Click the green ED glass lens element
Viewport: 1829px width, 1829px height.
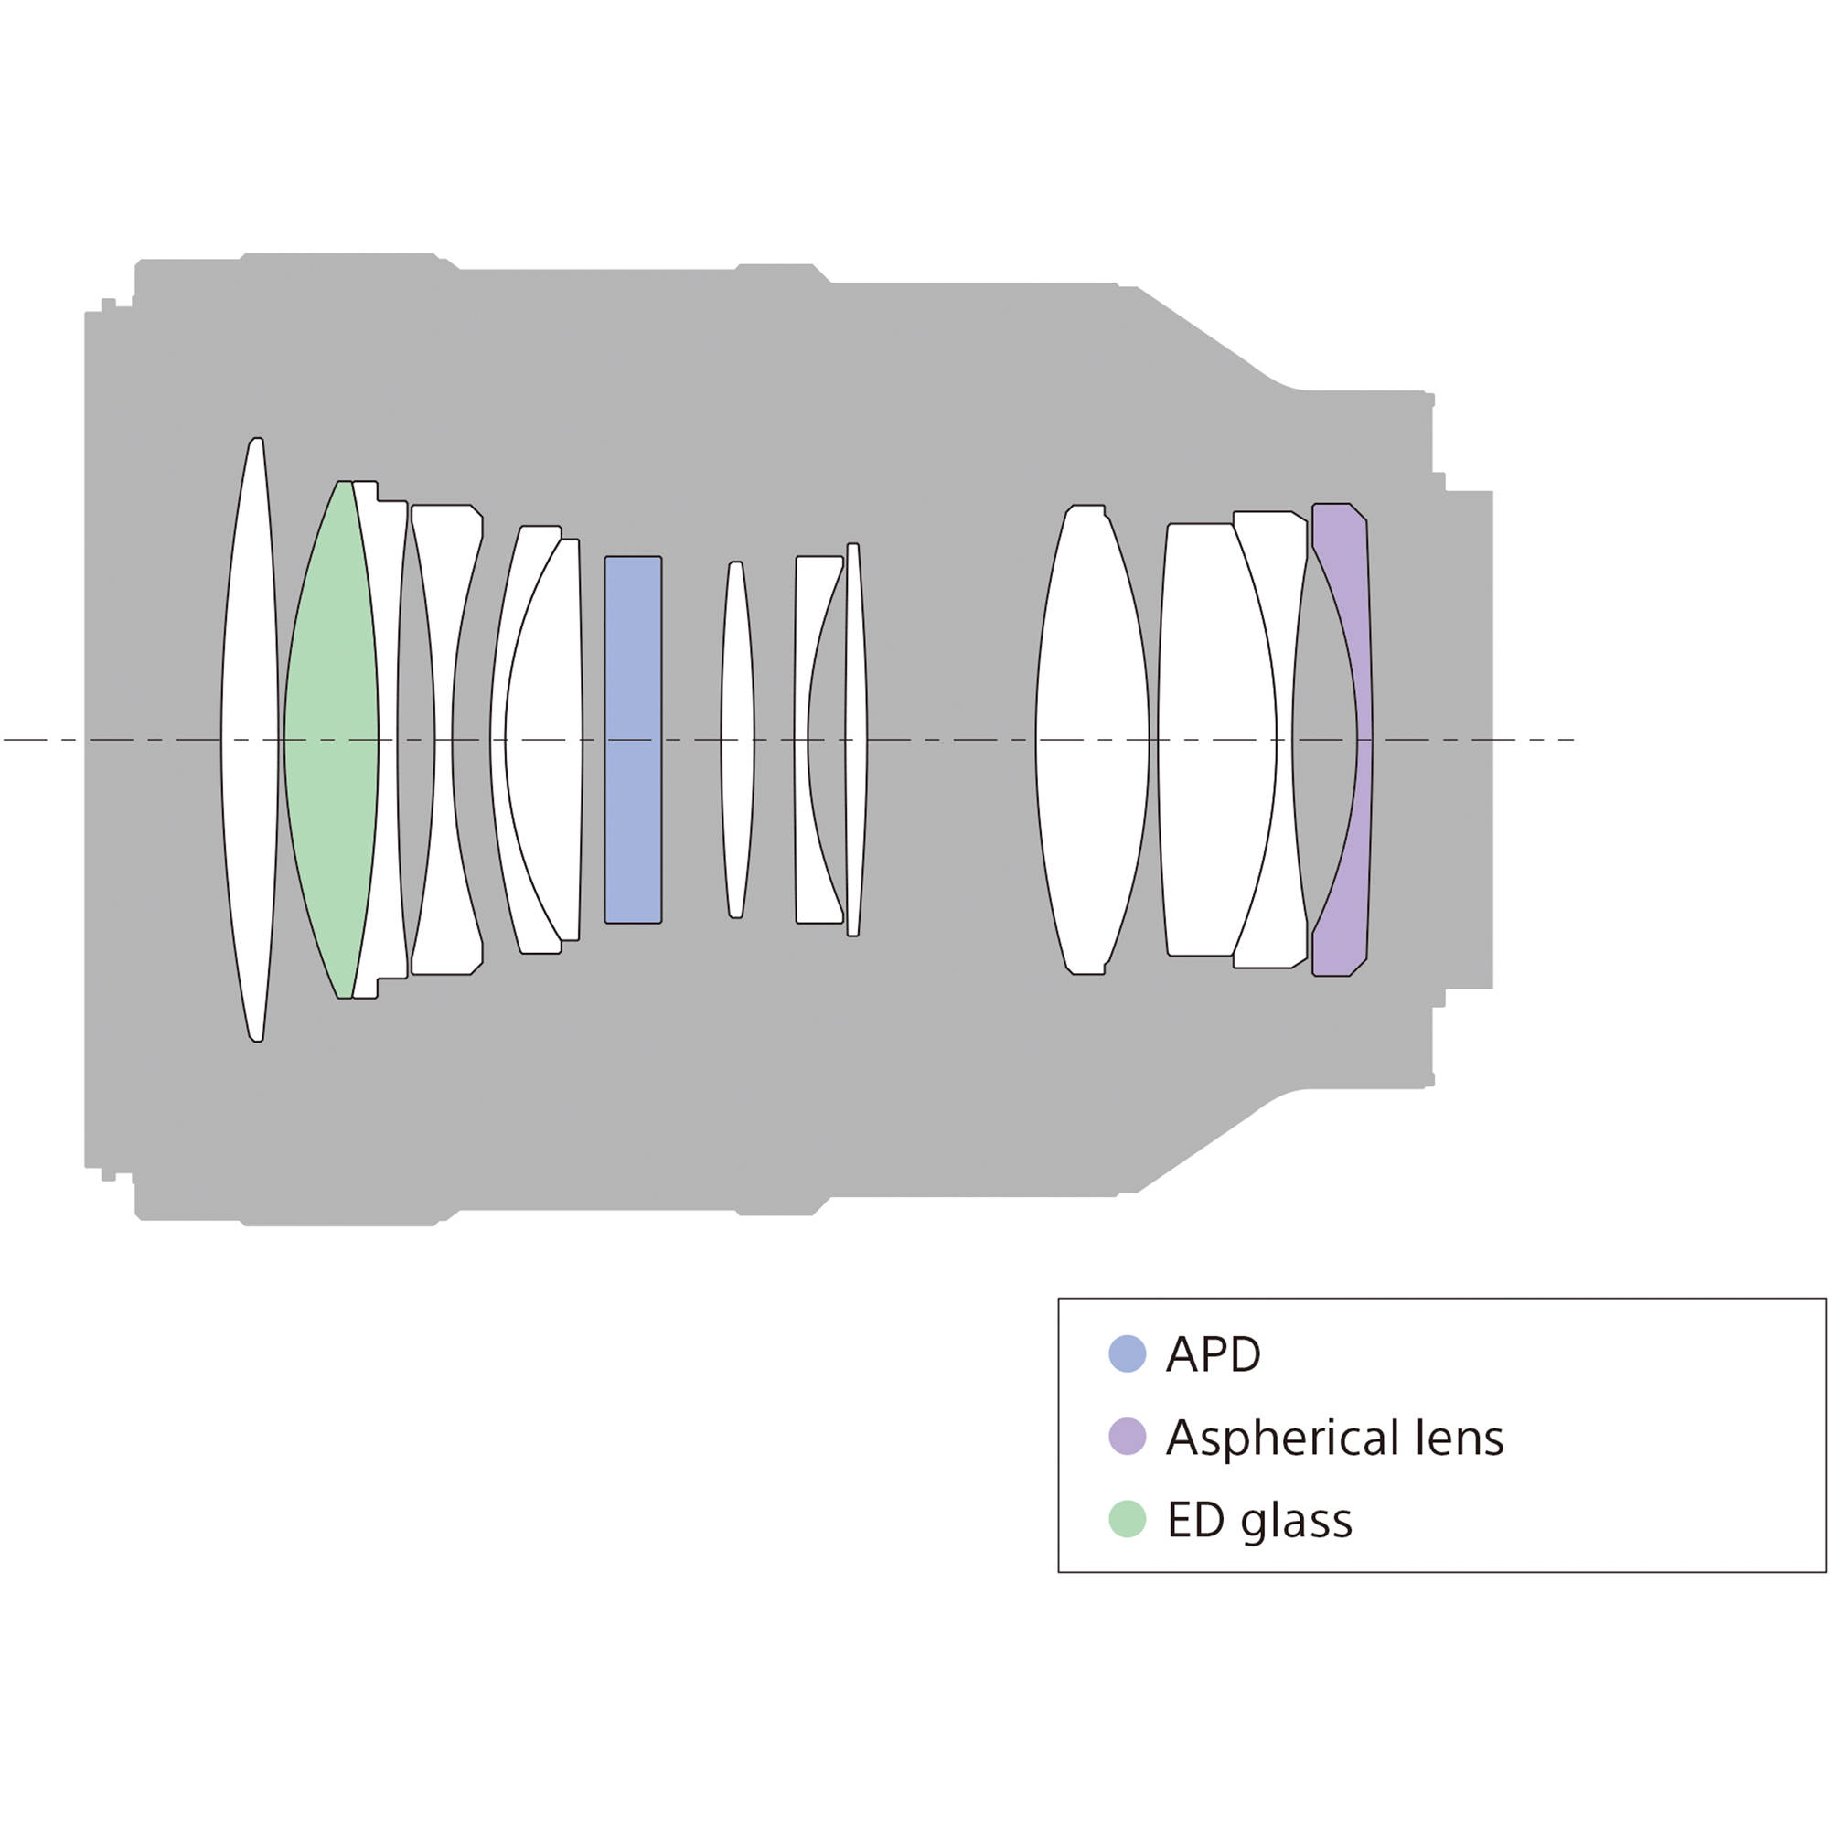(330, 739)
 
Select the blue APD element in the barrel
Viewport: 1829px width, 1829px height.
(634, 739)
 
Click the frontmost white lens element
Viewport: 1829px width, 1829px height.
(250, 739)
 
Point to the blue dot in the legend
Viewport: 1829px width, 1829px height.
(1127, 1353)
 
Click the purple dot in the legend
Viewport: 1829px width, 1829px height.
(1127, 1436)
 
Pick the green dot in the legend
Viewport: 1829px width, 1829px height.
(1127, 1518)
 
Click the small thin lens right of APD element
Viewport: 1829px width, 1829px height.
(736, 739)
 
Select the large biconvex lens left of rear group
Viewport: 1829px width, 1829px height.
(1092, 739)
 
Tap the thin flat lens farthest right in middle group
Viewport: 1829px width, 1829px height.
(855, 739)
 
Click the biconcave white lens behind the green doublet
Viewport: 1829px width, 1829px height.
(445, 739)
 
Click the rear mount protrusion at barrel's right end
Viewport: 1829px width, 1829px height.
(1470, 739)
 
